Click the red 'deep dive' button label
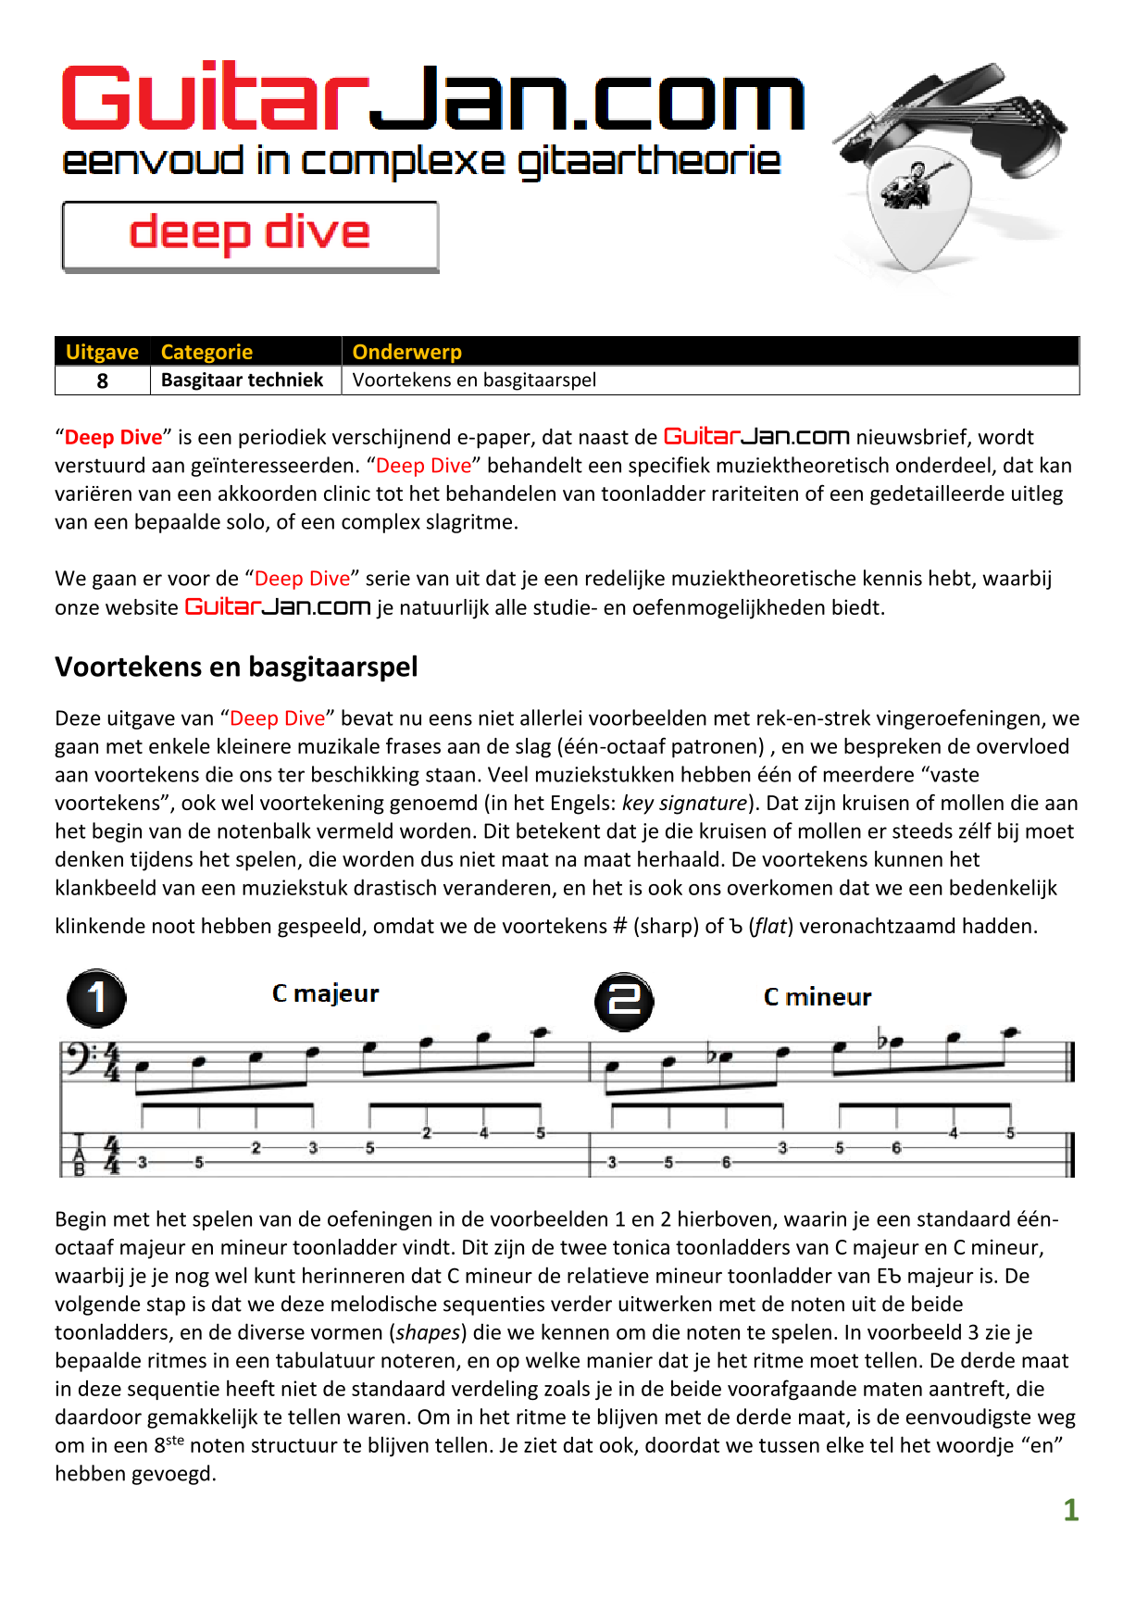[249, 233]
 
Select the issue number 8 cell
[102, 381]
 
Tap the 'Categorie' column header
[206, 352]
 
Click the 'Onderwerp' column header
[406, 352]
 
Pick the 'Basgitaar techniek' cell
[242, 381]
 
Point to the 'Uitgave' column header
[102, 352]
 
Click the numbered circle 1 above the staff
[96, 998]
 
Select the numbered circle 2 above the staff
[623, 1000]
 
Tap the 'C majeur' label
[325, 993]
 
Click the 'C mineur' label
[817, 997]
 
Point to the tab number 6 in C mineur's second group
[896, 1148]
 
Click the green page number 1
[1070, 1510]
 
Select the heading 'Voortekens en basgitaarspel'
[236, 667]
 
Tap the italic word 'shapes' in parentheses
[429, 1332]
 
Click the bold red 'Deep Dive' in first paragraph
[113, 437]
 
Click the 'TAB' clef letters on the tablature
[80, 1155]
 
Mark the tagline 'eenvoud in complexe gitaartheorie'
[421, 162]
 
